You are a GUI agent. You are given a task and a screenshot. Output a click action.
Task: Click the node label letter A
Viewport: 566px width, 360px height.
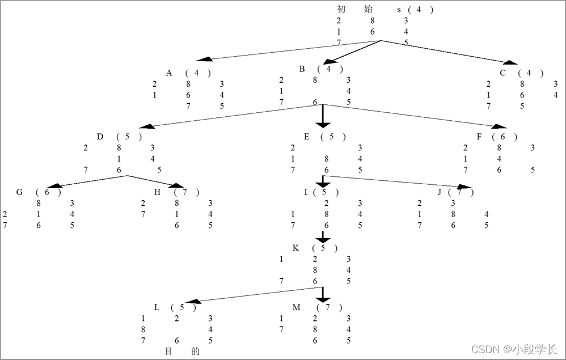[169, 73]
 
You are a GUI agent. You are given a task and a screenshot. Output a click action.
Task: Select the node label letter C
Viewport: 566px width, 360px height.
[502, 73]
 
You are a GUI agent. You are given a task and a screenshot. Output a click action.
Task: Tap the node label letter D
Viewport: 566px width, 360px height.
[100, 137]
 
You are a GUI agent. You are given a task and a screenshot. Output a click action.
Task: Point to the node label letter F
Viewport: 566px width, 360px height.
[480, 137]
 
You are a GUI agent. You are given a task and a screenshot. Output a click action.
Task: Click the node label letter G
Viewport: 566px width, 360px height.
[19, 192]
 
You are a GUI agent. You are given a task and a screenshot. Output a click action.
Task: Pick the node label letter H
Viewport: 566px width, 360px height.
[158, 192]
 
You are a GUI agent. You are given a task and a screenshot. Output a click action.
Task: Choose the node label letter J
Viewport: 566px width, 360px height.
[440, 192]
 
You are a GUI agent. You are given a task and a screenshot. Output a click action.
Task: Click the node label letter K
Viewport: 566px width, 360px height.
[295, 248]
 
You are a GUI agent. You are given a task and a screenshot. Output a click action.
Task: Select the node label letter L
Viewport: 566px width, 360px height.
[157, 307]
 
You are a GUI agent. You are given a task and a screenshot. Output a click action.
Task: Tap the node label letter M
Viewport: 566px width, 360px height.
[296, 307]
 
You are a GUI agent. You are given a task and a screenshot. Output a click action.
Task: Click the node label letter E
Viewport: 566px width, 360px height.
[306, 137]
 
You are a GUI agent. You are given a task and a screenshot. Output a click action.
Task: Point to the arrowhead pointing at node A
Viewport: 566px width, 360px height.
[205, 59]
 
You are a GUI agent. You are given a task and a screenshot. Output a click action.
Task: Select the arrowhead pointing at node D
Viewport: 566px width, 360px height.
[147, 126]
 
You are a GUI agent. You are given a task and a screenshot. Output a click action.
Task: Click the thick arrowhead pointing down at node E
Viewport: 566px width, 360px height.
[323, 124]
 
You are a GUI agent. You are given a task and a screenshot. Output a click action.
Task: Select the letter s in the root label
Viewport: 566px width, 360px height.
[399, 10]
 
